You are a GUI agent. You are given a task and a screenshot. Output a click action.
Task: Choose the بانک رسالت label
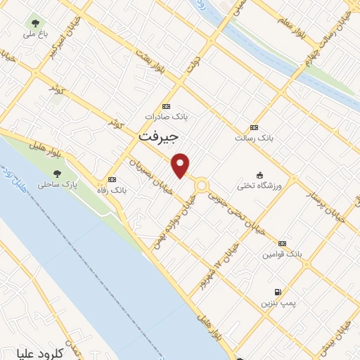tap(254, 139)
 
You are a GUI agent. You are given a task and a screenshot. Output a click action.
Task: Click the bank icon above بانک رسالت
tap(254, 127)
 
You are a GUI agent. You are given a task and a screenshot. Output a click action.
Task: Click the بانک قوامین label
tap(281, 254)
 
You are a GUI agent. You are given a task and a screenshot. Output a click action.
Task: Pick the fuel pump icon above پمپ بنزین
tap(278, 292)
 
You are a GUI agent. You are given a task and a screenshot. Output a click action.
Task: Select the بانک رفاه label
tap(112, 190)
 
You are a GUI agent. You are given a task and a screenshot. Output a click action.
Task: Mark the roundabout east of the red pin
tap(202, 185)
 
